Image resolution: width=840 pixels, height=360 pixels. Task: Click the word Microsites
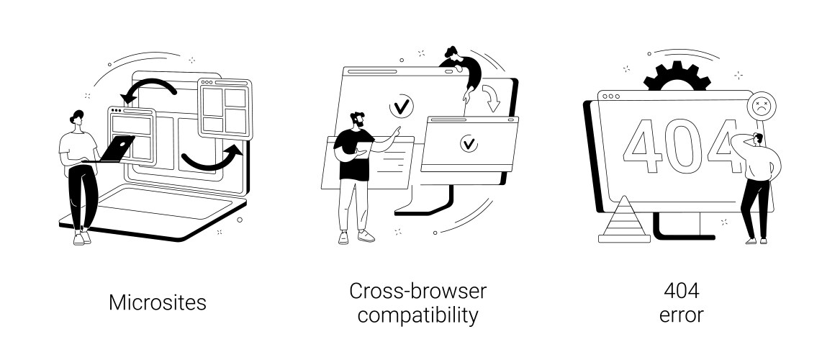[157, 302]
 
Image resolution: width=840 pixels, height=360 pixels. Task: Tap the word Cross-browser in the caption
[417, 292]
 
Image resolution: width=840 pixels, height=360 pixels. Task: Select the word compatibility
[417, 315]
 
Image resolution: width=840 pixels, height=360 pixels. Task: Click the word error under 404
[681, 315]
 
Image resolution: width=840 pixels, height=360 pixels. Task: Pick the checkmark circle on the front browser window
[469, 143]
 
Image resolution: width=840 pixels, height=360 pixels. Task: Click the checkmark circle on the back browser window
[401, 107]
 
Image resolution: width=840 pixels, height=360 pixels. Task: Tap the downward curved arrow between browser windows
[492, 97]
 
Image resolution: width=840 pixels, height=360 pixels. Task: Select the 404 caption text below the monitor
[681, 292]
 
